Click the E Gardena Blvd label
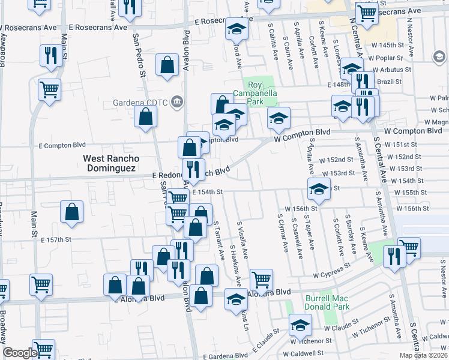pos(226,356)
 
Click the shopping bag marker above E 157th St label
pos(71,212)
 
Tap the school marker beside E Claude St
pos(300,326)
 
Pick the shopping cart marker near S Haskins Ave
pos(261,279)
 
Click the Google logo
pos(19,353)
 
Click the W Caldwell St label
pos(304,354)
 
